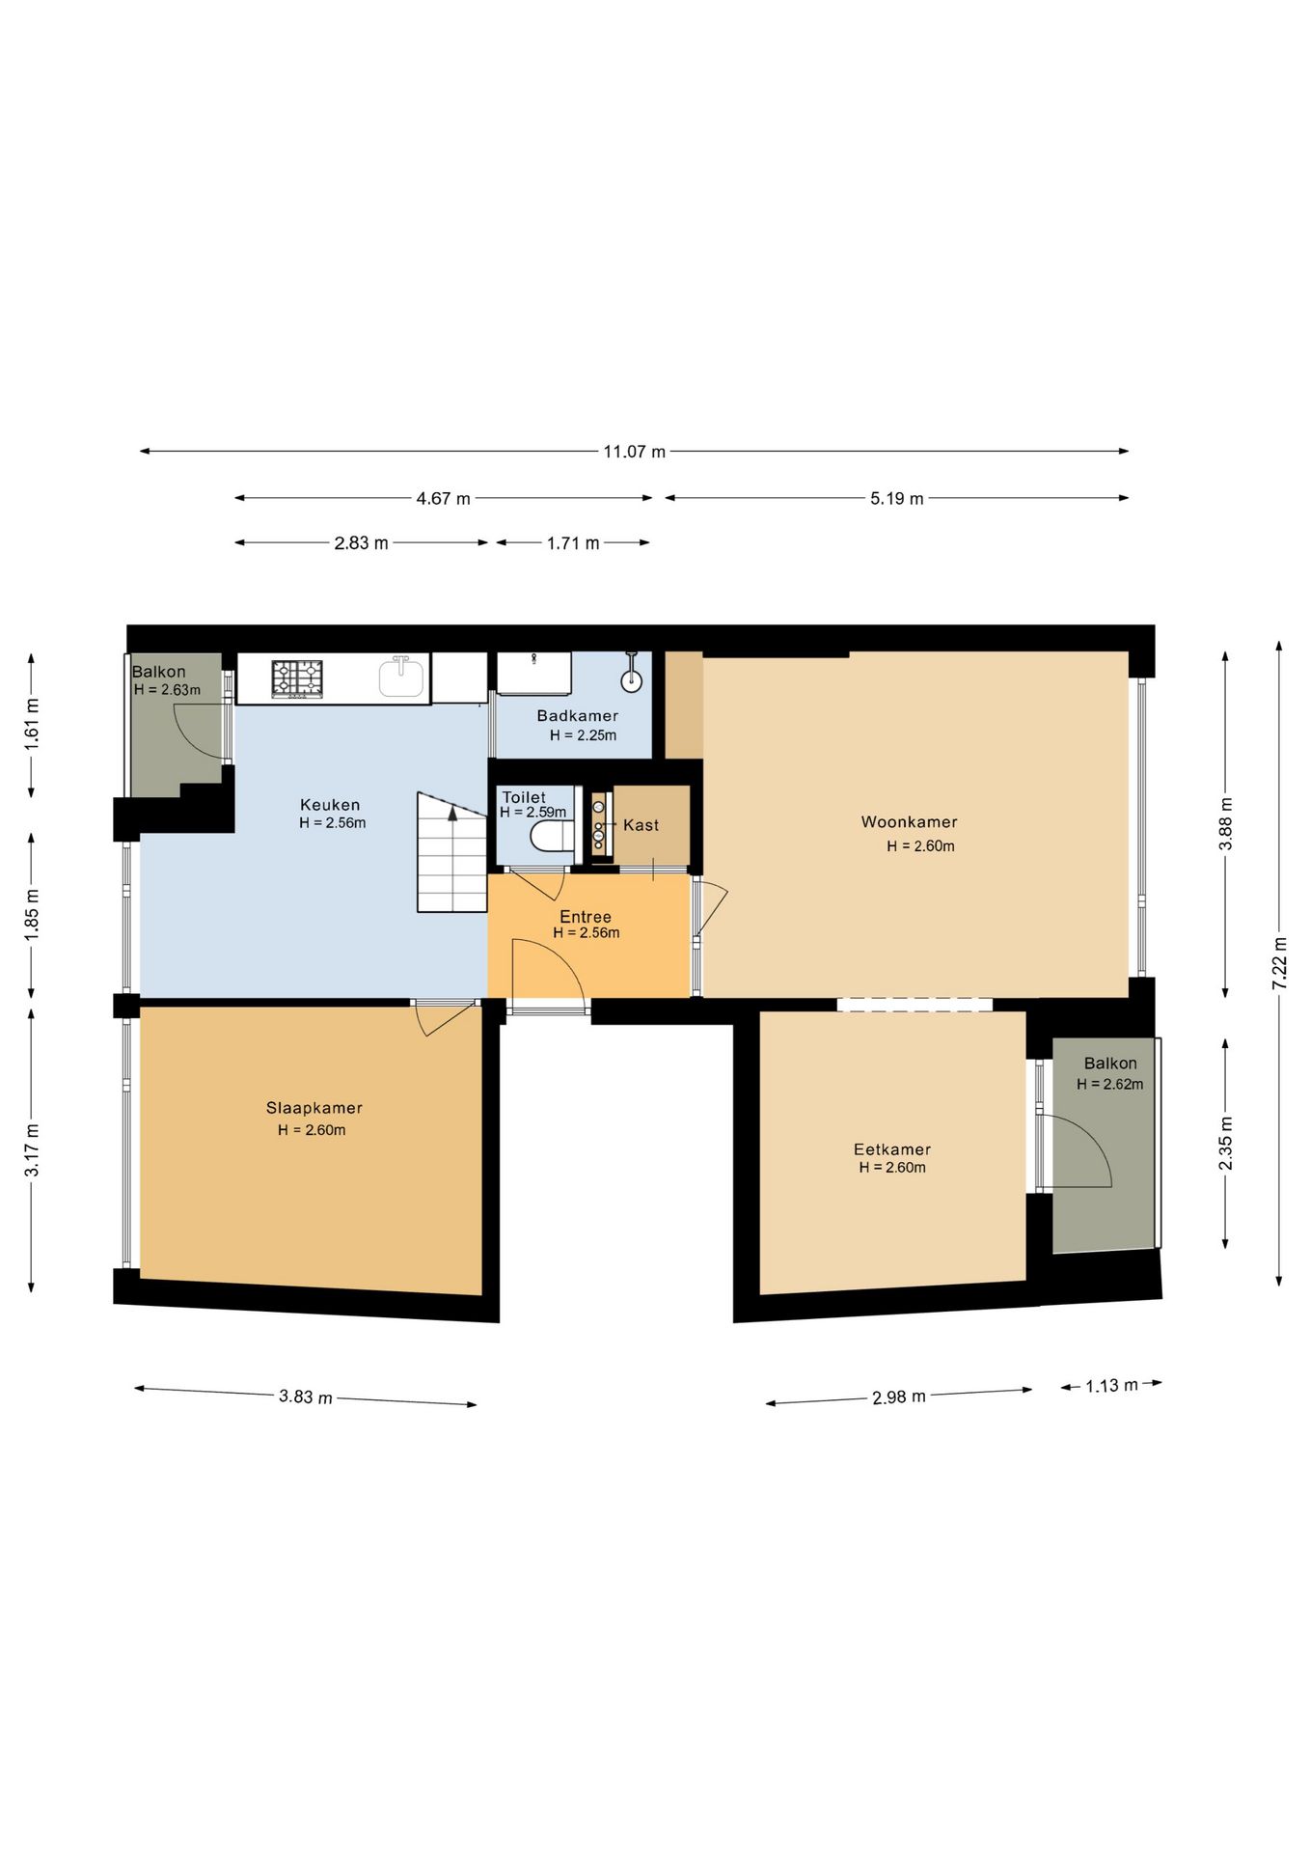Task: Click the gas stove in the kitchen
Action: [x=297, y=678]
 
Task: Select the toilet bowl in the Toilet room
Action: [x=552, y=836]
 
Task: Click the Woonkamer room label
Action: [x=909, y=822]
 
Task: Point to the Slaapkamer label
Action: [x=314, y=1108]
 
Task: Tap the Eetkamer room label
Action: [x=892, y=1149]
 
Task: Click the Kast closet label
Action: [x=641, y=825]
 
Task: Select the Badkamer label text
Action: [x=578, y=715]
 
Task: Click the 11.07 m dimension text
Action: [x=635, y=452]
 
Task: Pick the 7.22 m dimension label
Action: [x=1279, y=962]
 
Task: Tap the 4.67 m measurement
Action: [x=444, y=499]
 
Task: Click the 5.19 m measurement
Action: [x=897, y=499]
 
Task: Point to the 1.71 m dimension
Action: [x=573, y=543]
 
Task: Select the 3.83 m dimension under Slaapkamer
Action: [x=306, y=1397]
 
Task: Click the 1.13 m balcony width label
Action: [x=1111, y=1386]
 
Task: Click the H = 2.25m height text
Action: [x=584, y=735]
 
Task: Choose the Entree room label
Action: [x=586, y=917]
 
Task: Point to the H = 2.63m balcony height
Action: [x=168, y=690]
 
